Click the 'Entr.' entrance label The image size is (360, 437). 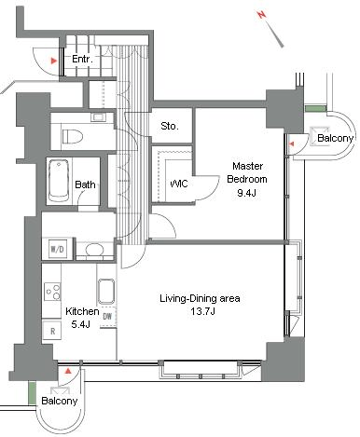[82, 59]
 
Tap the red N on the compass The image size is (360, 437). [262, 14]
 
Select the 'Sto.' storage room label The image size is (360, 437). [170, 126]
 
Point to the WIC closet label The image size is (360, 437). [179, 184]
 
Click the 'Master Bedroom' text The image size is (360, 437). [247, 172]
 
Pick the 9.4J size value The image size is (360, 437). [246, 193]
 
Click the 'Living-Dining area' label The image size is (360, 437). [200, 299]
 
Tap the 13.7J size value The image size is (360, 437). [203, 311]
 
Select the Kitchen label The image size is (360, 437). [82, 311]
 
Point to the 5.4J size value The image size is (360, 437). [81, 324]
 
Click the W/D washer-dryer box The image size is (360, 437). [58, 249]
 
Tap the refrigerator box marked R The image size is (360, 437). [52, 331]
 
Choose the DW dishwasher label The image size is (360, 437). [107, 317]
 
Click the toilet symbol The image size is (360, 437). [73, 136]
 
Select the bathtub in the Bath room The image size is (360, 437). [59, 181]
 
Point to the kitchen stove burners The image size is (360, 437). [52, 292]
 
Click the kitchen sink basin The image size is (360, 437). [106, 292]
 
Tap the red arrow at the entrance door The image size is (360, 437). [54, 61]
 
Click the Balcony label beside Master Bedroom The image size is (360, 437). [336, 138]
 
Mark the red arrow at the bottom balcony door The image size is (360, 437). [68, 371]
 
